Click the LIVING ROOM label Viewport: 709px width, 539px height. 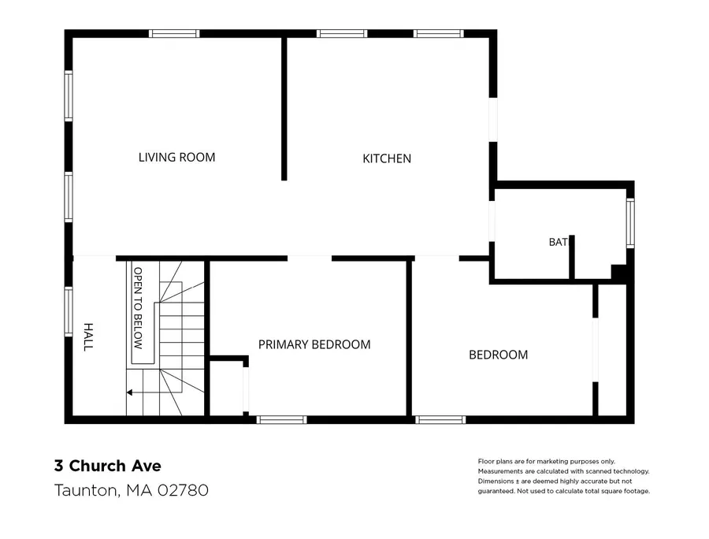coord(176,158)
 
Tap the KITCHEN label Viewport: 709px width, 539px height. coord(387,158)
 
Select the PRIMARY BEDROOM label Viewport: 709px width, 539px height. coord(314,344)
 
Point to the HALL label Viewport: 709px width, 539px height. coord(88,337)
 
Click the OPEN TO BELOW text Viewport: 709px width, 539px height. coord(138,308)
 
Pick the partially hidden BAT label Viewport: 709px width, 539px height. coord(558,242)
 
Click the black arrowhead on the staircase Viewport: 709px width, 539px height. coord(129,392)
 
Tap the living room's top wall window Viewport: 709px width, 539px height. coord(174,33)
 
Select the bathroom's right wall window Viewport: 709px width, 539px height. coord(630,223)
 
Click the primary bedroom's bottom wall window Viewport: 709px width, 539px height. coord(282,420)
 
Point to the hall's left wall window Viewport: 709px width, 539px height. coord(69,312)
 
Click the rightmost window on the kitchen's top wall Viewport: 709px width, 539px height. coord(439,33)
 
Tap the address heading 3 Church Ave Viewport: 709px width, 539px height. coord(108,466)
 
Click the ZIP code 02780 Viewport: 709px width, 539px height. coord(183,490)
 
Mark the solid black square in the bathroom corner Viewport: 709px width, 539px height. coord(618,272)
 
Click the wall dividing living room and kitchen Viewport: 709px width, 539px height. coord(284,109)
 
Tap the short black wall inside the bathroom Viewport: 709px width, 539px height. coord(572,257)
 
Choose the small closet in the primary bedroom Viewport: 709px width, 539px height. coord(227,388)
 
